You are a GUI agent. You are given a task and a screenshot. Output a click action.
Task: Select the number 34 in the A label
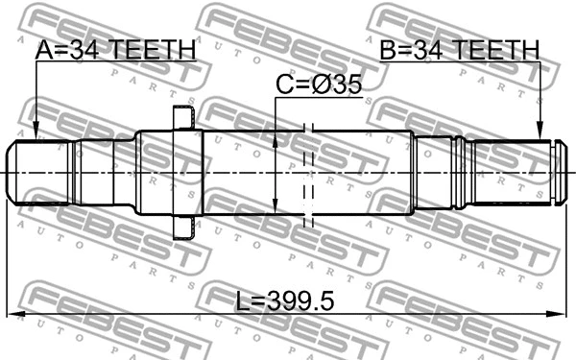point(85,50)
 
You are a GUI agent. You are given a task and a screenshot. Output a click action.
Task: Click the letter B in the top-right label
point(387,50)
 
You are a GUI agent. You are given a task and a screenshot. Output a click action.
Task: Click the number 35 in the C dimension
point(348,85)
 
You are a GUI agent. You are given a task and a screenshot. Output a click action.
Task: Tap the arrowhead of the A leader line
point(36,133)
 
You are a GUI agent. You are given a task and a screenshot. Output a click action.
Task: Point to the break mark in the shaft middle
point(308,173)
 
